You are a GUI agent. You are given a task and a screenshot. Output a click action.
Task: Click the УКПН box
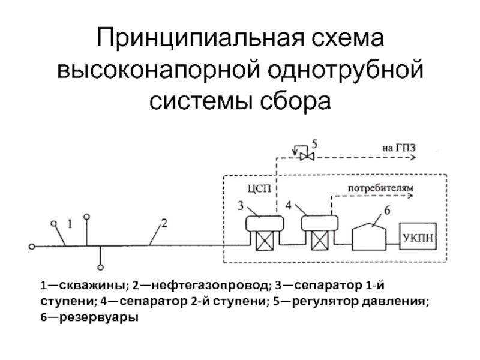(418, 236)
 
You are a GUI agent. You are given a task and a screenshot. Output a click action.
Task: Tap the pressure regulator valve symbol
(307, 157)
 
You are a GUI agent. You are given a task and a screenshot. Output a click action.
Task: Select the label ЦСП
(259, 188)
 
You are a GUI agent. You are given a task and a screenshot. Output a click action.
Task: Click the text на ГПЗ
(399, 148)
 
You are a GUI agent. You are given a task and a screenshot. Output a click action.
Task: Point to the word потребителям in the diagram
(380, 188)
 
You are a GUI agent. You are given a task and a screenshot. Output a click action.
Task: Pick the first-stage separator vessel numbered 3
(265, 223)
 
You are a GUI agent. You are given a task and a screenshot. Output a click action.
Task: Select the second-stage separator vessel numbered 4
(320, 223)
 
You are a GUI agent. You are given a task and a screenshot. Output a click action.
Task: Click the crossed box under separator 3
(265, 241)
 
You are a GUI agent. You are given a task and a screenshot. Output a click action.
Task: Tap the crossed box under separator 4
(320, 241)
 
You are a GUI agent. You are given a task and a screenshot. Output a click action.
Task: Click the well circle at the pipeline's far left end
(32, 247)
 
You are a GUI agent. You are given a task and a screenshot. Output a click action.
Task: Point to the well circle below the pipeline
(100, 267)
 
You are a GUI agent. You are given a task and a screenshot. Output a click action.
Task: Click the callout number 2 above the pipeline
(164, 223)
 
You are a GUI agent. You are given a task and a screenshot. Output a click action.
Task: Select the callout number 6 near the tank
(387, 211)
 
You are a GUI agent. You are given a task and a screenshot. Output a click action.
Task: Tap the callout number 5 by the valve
(314, 143)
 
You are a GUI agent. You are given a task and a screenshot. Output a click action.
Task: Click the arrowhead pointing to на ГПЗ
(413, 157)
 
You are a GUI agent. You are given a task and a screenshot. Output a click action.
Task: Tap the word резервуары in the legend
(99, 317)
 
